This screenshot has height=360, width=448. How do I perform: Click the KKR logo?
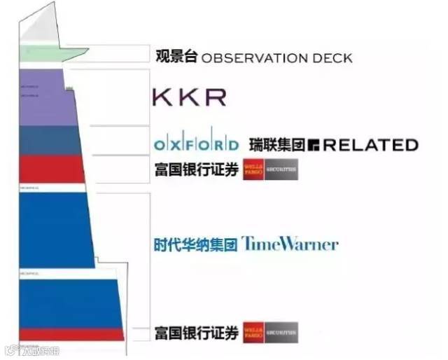tap(189, 97)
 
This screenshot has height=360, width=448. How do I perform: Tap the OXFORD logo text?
tap(196, 145)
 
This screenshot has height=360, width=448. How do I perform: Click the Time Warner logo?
tap(290, 244)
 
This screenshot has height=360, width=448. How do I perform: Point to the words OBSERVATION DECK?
tap(276, 57)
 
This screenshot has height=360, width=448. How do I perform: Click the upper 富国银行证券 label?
tap(196, 170)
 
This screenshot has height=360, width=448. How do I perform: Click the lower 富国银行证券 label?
tap(196, 333)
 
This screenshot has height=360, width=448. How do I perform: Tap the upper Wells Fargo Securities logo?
tap(270, 170)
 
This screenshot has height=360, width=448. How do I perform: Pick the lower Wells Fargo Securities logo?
tap(270, 333)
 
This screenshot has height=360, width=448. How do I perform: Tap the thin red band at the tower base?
tap(70, 334)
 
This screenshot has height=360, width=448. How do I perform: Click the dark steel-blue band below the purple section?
tap(49, 140)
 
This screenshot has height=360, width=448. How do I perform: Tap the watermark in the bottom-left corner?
tap(31, 351)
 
